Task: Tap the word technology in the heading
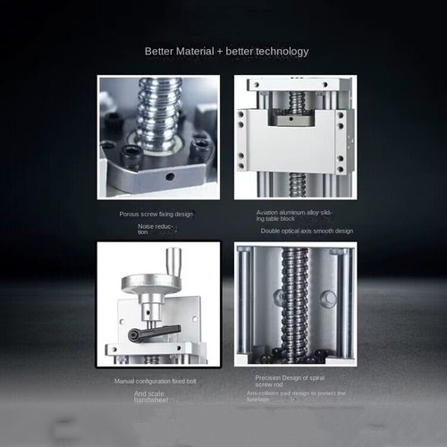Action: pos(280,51)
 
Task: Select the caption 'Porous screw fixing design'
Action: pos(156,214)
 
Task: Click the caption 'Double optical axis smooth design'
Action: pos(307,231)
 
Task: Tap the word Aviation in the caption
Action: pos(271,213)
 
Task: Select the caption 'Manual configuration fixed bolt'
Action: pos(157,381)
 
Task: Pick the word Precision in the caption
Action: pos(270,378)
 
